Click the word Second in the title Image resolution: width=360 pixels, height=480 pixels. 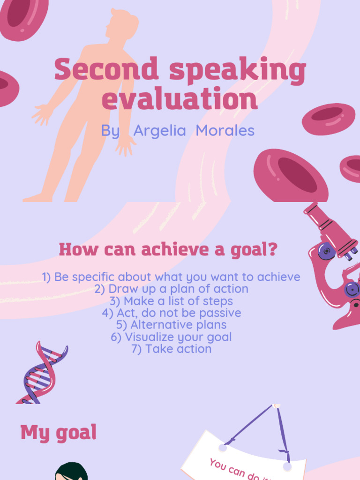[x=106, y=70]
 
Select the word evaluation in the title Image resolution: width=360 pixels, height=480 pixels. [x=180, y=99]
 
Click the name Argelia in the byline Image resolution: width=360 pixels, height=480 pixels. [x=159, y=131]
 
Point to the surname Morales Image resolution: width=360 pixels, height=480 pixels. [x=225, y=131]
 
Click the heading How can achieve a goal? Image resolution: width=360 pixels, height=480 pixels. [x=168, y=249]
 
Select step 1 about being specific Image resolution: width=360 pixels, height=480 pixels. [x=171, y=277]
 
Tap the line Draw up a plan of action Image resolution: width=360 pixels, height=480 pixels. [x=171, y=289]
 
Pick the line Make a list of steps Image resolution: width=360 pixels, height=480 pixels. [x=171, y=301]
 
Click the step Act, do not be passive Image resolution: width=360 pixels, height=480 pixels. [x=172, y=313]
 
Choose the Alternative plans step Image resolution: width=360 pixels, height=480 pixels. [x=172, y=325]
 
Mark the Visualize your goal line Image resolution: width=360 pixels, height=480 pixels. [x=172, y=337]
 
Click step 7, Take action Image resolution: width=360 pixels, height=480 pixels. [x=172, y=349]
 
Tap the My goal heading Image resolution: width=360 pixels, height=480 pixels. [x=59, y=433]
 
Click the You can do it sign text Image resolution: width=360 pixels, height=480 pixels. [x=234, y=469]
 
